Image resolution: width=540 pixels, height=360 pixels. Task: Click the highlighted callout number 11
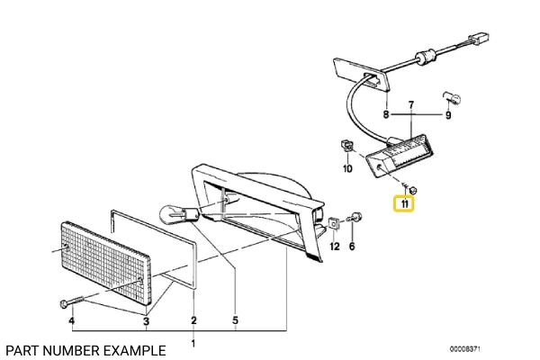pyautogui.click(x=404, y=204)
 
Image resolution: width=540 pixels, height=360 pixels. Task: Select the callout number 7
pyautogui.click(x=411, y=104)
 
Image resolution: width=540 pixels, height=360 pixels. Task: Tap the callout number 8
pyautogui.click(x=386, y=114)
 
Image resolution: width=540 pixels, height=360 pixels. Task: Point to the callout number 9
pyautogui.click(x=448, y=115)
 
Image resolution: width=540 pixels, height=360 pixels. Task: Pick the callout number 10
pyautogui.click(x=347, y=168)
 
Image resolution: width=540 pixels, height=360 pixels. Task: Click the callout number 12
pyautogui.click(x=335, y=247)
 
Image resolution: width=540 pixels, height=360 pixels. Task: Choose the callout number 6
pyautogui.click(x=352, y=247)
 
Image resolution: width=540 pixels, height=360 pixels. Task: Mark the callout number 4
pyautogui.click(x=71, y=320)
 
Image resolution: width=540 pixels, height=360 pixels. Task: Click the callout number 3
pyautogui.click(x=147, y=321)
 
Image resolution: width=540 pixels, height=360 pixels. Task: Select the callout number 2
pyautogui.click(x=193, y=320)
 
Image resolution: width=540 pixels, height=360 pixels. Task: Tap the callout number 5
pyautogui.click(x=235, y=320)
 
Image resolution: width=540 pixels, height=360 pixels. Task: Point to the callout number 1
pyautogui.click(x=193, y=344)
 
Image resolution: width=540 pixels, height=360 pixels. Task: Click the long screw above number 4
pyautogui.click(x=72, y=301)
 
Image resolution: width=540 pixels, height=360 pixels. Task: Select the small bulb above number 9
pyautogui.click(x=452, y=98)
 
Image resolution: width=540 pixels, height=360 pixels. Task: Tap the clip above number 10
pyautogui.click(x=346, y=146)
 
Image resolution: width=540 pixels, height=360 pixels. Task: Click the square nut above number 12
pyautogui.click(x=333, y=224)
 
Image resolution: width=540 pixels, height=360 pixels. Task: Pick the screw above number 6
pyautogui.click(x=355, y=218)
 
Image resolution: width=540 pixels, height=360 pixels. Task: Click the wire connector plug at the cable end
pyautogui.click(x=479, y=39)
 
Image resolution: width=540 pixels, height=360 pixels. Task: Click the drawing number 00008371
pyautogui.click(x=464, y=349)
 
